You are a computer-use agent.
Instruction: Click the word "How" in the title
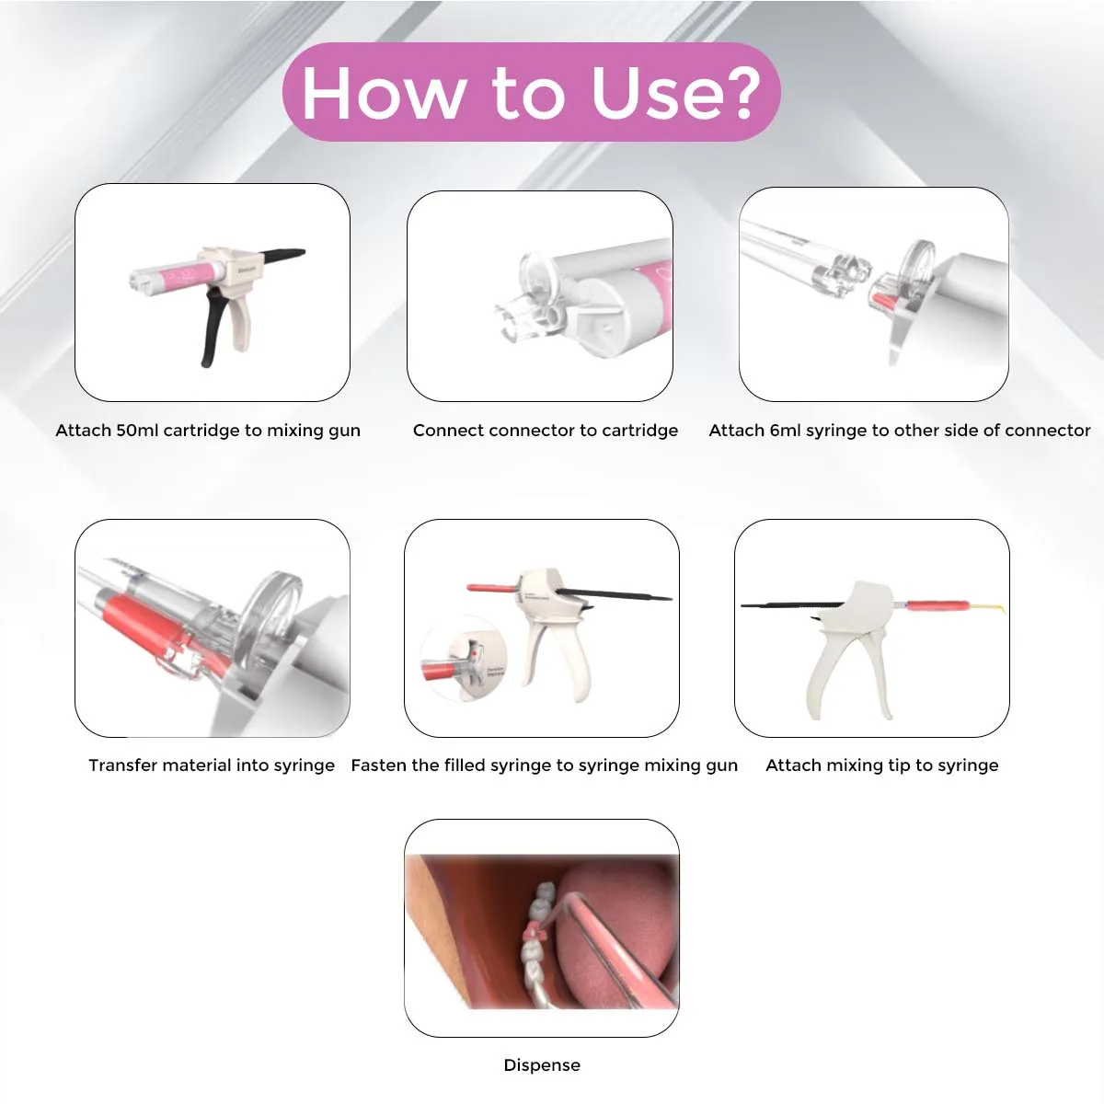click(383, 92)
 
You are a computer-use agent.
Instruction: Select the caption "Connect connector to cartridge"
click(545, 431)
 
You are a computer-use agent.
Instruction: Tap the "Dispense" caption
click(542, 1065)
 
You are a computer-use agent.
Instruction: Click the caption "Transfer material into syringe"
click(212, 765)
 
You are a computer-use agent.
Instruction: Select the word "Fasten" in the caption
click(379, 765)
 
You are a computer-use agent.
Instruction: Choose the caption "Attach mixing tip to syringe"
click(881, 765)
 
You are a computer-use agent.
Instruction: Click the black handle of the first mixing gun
click(213, 327)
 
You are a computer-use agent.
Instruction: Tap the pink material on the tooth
click(532, 935)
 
